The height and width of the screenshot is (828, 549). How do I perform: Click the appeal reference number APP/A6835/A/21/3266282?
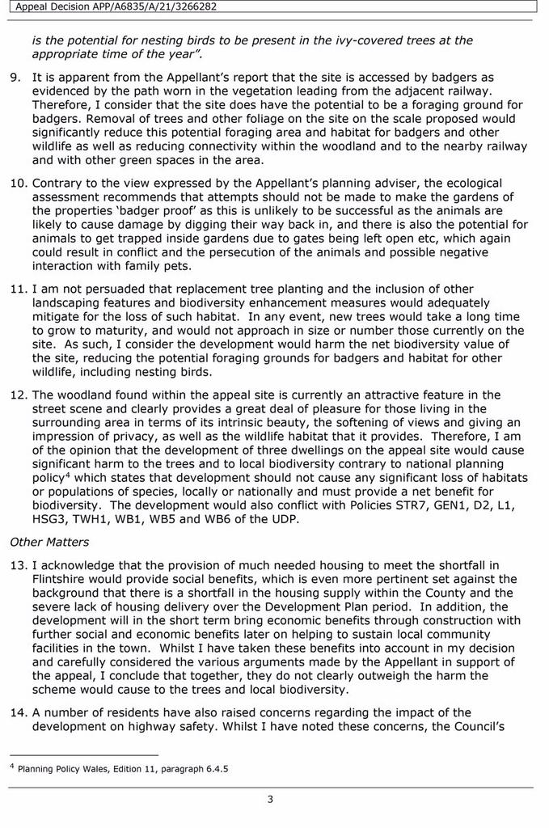pos(161,7)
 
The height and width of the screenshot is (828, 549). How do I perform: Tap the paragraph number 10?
pos(18,183)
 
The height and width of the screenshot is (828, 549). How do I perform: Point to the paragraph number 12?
pos(18,395)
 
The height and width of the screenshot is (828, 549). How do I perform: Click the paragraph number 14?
pos(18,712)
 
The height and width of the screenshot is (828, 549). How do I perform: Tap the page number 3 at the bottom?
pos(270,800)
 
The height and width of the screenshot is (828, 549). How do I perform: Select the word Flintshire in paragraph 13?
pos(61,578)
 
